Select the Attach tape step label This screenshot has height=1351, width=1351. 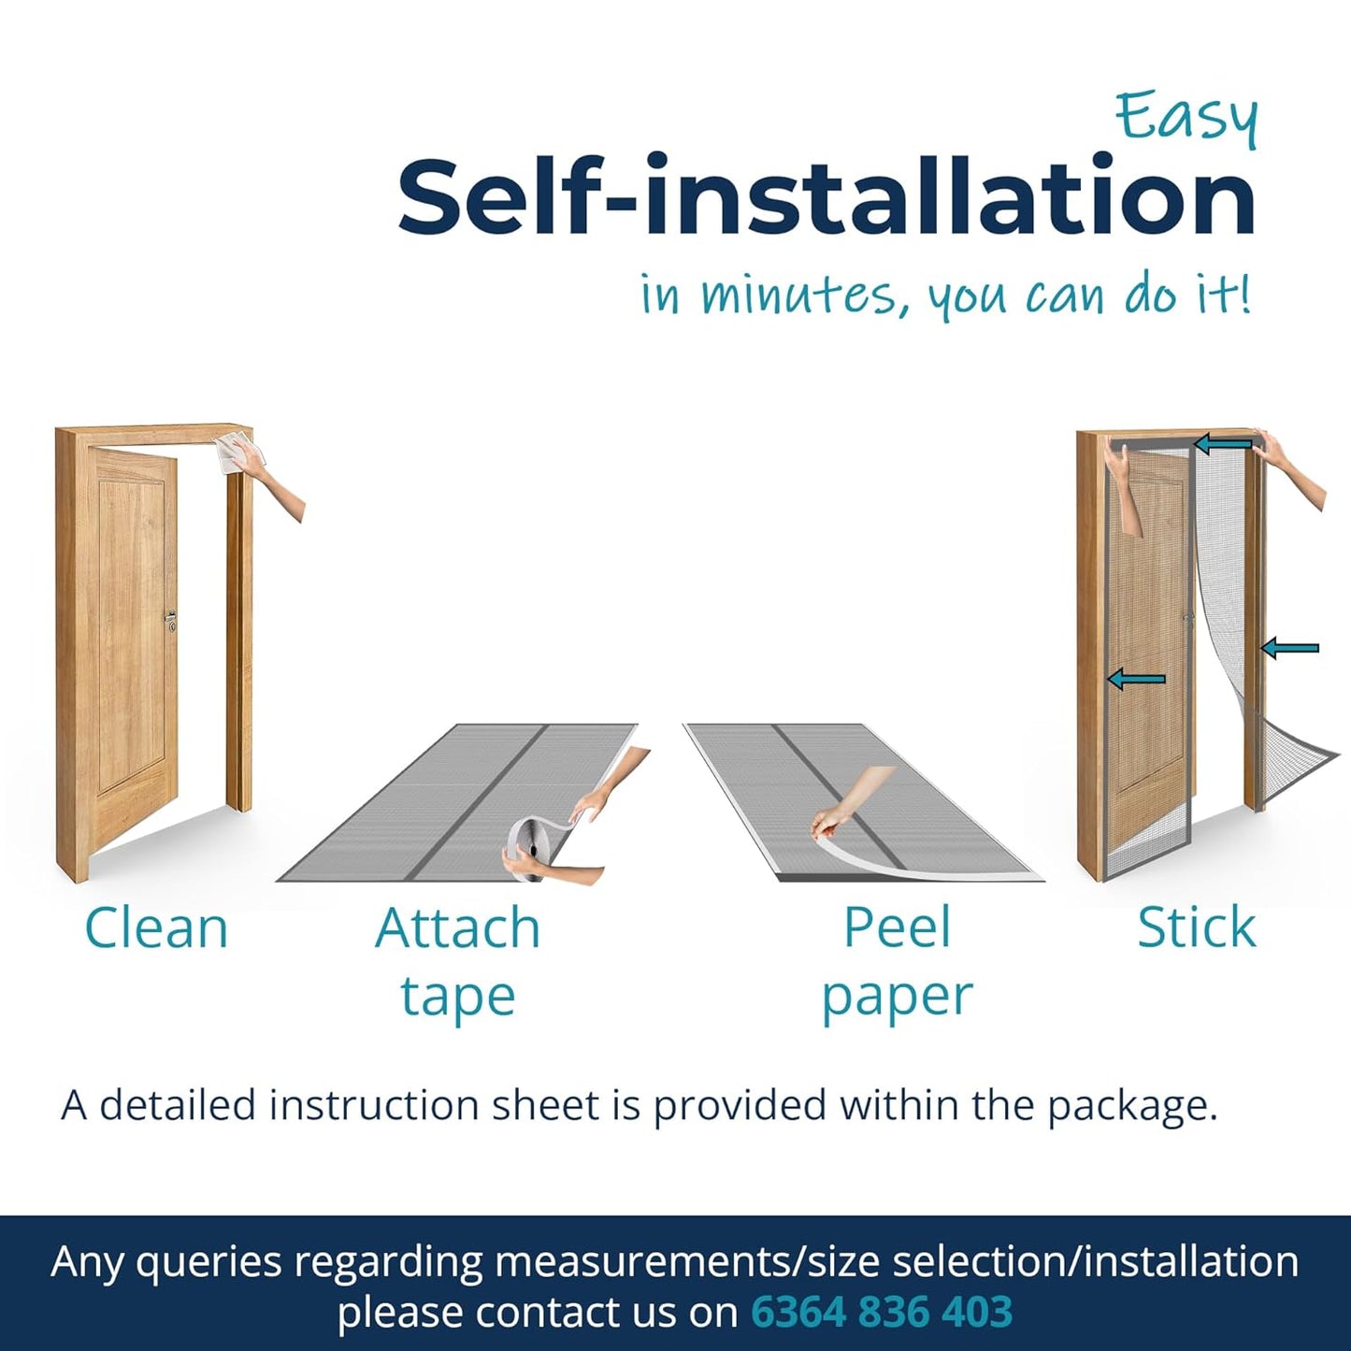click(458, 961)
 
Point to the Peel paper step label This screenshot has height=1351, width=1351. click(898, 961)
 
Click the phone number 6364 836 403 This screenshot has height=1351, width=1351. click(882, 1291)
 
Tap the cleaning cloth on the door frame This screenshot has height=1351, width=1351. click(237, 454)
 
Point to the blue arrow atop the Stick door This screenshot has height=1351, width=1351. click(1223, 443)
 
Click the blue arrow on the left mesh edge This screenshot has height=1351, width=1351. click(1136, 679)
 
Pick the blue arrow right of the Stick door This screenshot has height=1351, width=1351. click(1290, 649)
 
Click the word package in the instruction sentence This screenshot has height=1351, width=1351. click(1132, 1107)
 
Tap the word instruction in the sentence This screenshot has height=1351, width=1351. click(399, 1106)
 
